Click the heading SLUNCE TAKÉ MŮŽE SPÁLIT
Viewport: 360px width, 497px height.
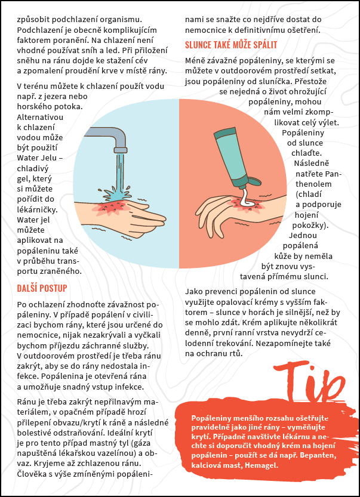231,45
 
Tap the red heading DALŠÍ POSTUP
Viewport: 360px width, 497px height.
42,288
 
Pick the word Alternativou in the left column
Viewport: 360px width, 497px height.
40,117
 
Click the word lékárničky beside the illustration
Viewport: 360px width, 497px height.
38,209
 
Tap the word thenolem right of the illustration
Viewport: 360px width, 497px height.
309,184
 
